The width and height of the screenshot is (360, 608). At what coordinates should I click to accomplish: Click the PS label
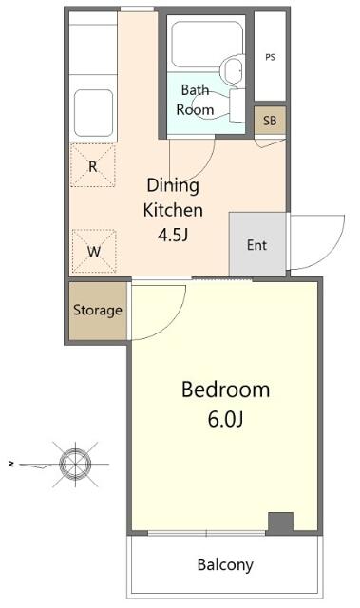[270, 57]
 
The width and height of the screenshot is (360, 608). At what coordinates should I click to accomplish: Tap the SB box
[270, 121]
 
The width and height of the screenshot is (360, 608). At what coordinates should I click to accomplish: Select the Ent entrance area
[257, 244]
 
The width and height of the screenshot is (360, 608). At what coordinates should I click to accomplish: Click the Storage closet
[98, 311]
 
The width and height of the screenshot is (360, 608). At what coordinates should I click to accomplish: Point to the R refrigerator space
[93, 165]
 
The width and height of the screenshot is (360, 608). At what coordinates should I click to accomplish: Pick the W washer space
[94, 251]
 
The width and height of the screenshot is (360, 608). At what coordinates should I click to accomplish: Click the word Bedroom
[225, 389]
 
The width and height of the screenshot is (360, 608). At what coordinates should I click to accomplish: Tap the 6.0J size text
[225, 419]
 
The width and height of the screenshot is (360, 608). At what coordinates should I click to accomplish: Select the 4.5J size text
[173, 235]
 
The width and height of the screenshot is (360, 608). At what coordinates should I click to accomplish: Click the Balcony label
[225, 565]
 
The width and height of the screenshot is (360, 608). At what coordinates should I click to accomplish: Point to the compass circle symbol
[75, 464]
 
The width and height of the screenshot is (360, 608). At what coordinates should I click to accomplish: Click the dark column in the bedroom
[281, 523]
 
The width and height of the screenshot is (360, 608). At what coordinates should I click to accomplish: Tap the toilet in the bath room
[232, 69]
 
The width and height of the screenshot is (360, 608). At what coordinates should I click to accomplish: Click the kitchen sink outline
[93, 113]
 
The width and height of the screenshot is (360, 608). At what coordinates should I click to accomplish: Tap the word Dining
[173, 185]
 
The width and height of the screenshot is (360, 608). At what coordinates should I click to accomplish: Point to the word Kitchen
[173, 210]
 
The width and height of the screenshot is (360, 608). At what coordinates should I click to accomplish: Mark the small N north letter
[12, 464]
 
